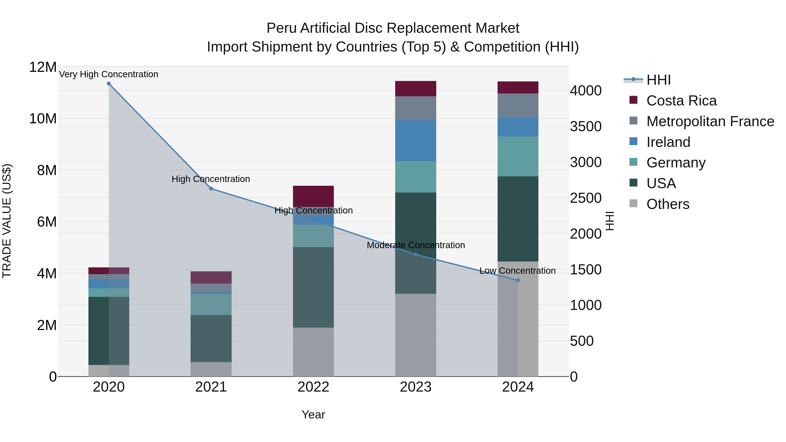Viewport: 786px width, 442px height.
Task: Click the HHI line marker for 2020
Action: (x=109, y=84)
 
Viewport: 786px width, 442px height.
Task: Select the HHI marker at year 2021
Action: (x=211, y=189)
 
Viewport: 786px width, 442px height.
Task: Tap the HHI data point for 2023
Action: (x=415, y=255)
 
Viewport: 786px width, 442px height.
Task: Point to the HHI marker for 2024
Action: (x=518, y=280)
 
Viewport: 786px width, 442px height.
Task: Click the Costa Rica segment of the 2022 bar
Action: (x=313, y=196)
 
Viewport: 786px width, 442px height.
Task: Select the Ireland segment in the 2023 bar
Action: (x=415, y=141)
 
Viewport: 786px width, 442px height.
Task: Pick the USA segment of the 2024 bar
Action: (x=518, y=219)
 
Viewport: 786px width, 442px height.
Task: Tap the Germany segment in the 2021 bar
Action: (x=211, y=304)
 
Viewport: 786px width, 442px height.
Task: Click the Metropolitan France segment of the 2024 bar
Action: (x=518, y=106)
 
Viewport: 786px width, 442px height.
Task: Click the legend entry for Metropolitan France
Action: (x=710, y=121)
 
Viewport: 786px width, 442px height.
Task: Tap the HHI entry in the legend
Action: (x=658, y=80)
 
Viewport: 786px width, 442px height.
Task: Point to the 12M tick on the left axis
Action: (x=43, y=67)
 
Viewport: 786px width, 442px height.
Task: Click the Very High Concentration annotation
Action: (x=109, y=74)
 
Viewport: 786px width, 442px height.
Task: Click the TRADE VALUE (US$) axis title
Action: (x=7, y=221)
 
